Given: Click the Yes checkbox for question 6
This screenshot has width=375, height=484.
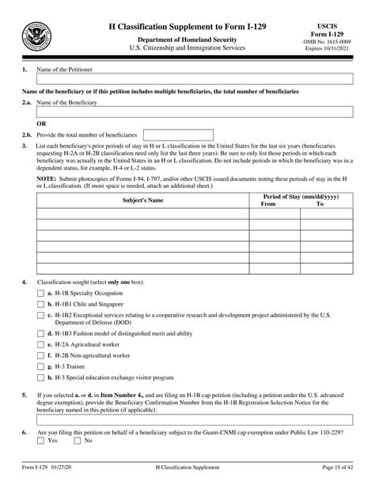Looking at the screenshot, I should tap(40, 440).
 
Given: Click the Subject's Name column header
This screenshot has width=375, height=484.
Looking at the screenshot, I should tap(142, 201).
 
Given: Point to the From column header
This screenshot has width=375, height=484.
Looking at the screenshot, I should tap(267, 204).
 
